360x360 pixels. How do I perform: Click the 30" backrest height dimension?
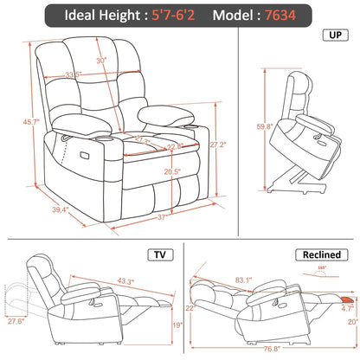click(101, 61)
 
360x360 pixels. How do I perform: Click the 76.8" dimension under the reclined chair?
click(273, 349)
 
